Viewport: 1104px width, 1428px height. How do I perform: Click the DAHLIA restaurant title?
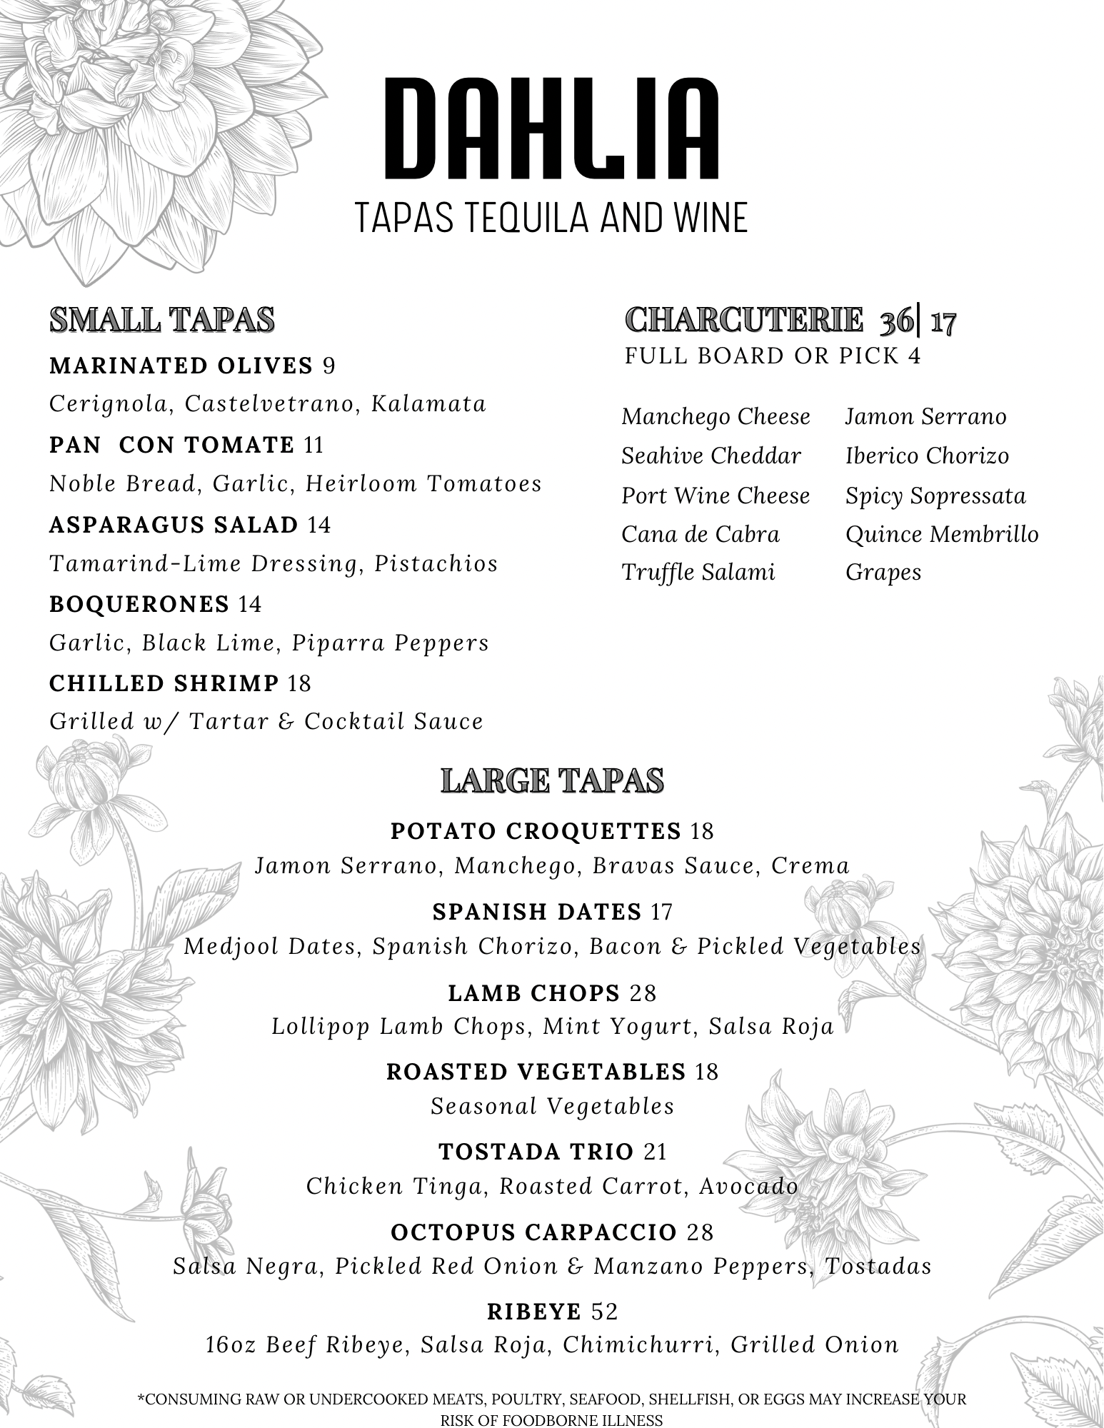click(551, 130)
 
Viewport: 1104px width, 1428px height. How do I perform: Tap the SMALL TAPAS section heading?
click(161, 320)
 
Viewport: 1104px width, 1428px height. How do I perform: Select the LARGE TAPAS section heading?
click(552, 780)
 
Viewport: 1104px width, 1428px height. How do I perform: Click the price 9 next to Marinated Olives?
click(328, 366)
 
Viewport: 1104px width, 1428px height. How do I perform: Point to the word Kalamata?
click(428, 404)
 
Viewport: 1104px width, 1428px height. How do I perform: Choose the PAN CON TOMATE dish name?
click(171, 446)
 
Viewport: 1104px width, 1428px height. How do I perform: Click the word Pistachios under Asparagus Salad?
click(436, 563)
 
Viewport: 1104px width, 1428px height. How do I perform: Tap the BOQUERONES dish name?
click(139, 605)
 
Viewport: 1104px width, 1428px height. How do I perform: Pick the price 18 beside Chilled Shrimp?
click(299, 684)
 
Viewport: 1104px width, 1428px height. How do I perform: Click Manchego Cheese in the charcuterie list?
click(716, 417)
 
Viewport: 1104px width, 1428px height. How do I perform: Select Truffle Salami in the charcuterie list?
click(698, 573)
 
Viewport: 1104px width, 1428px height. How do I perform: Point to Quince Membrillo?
click(942, 535)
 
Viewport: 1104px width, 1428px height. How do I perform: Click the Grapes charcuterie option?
click(883, 573)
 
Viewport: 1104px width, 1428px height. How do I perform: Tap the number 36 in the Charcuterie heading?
click(895, 321)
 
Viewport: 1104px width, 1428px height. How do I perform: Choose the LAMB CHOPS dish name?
click(533, 992)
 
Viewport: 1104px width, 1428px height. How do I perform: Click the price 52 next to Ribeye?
click(604, 1312)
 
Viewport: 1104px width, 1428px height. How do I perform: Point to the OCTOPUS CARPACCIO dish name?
click(533, 1232)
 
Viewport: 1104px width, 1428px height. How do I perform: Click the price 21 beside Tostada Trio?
click(655, 1152)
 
